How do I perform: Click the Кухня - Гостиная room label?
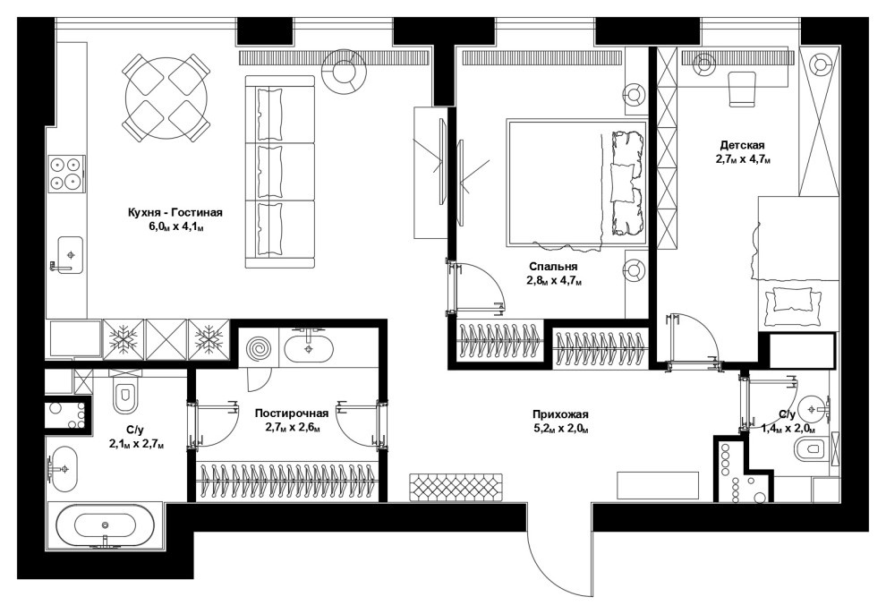click(x=175, y=212)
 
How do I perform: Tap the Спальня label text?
click(x=553, y=267)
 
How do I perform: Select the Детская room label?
click(x=743, y=145)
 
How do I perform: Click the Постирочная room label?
click(x=292, y=414)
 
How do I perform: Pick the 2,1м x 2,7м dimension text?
click(x=137, y=445)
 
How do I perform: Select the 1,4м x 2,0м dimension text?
click(x=788, y=429)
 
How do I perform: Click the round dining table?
click(x=166, y=98)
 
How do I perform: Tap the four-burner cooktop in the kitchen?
click(x=65, y=174)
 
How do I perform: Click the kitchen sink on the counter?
click(x=70, y=255)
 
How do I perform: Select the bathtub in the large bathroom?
click(x=105, y=526)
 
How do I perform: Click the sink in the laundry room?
click(x=309, y=349)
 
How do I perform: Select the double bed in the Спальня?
click(x=576, y=183)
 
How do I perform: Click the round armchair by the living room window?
click(x=344, y=72)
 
